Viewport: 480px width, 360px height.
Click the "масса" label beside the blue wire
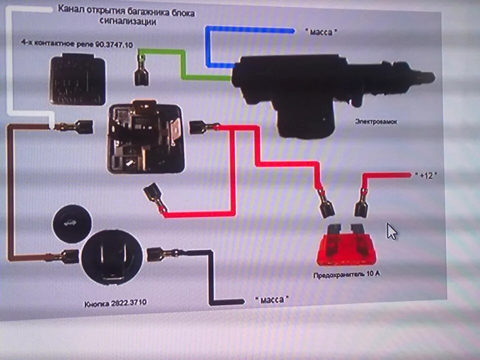321,31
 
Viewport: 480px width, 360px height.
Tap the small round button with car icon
71,223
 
